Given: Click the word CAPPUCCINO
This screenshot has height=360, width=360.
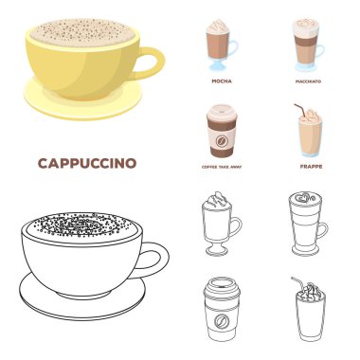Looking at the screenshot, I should [85, 163].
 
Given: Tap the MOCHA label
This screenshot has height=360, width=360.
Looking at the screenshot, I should [219, 82].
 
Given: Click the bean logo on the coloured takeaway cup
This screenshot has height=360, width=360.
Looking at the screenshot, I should [219, 145].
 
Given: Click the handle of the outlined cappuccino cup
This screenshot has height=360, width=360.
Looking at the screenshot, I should [155, 255].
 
